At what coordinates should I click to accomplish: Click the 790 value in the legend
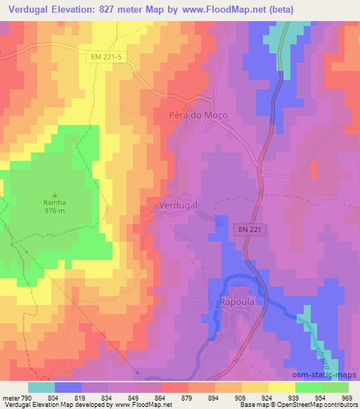click(26, 397)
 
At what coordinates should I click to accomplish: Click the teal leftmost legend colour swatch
click(41, 387)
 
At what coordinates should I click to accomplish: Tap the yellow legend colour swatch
click(282, 387)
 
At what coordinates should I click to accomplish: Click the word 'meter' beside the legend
click(9, 397)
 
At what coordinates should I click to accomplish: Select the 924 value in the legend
click(268, 397)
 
